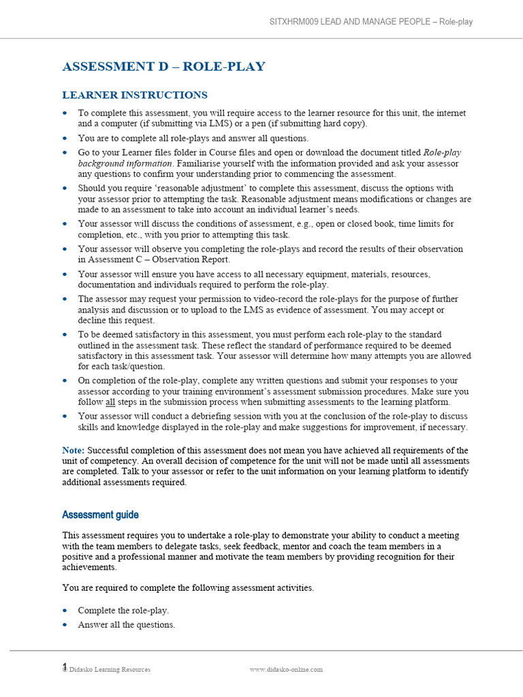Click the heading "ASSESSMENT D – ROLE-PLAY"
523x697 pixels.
click(x=163, y=67)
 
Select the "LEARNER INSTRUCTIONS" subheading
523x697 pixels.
click(x=135, y=95)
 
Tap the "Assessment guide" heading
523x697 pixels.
click(x=100, y=515)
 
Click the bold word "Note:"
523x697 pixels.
click(x=74, y=451)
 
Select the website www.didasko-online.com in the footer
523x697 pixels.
click(x=286, y=669)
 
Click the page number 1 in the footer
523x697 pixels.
click(x=65, y=667)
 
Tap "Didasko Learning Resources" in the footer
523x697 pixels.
click(x=110, y=670)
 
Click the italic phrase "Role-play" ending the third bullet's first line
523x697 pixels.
click(x=442, y=153)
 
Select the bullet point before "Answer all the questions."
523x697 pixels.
click(x=65, y=625)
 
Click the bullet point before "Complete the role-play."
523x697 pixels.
click(x=65, y=611)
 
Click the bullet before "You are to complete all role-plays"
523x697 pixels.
click(x=65, y=138)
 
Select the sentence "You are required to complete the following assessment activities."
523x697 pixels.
click(x=188, y=588)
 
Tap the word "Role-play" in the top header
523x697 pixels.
click(x=456, y=22)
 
